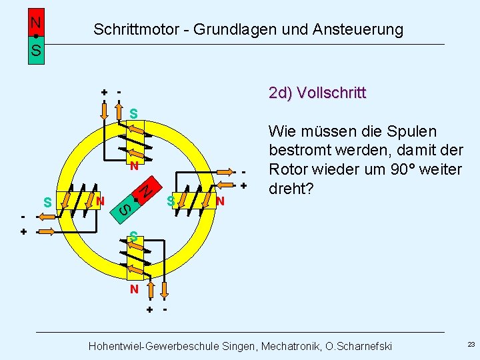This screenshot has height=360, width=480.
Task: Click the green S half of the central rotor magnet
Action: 125,209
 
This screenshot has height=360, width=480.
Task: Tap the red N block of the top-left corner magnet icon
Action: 36,22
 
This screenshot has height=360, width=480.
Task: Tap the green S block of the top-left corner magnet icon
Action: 36,51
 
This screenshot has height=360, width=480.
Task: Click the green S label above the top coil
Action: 134,113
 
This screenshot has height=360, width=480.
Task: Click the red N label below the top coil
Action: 134,165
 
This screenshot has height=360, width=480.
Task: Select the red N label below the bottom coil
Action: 134,289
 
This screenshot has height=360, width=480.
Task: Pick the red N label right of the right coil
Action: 220,201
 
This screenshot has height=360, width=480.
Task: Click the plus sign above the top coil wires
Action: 104,92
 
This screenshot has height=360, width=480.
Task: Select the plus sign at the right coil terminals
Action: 244,185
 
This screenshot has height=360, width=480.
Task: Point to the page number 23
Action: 471,345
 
